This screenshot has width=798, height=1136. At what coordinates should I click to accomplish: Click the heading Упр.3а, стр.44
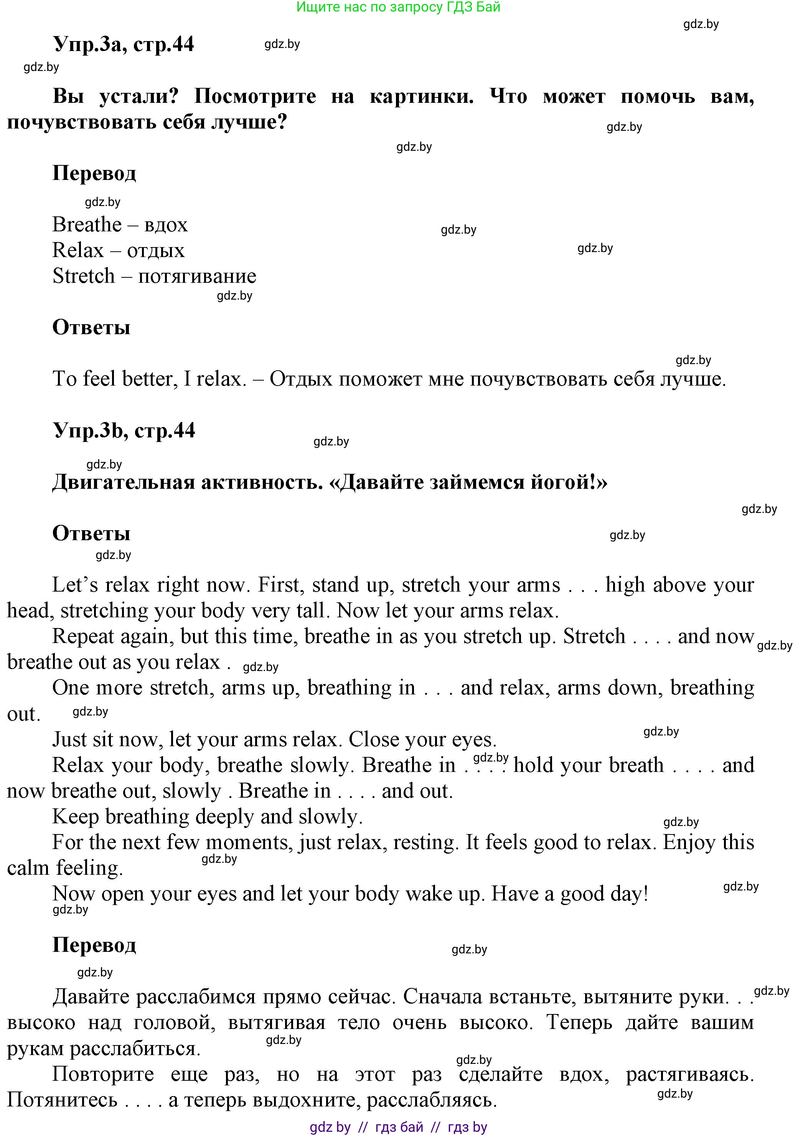(x=123, y=45)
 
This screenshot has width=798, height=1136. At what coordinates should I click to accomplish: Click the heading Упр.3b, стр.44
(x=124, y=430)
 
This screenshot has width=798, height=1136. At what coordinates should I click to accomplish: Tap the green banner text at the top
(x=398, y=7)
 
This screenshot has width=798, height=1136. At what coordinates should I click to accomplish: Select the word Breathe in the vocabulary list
(x=87, y=224)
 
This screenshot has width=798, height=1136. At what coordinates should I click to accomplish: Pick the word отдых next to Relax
(x=156, y=251)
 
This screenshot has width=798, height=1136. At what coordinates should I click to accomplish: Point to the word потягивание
(x=197, y=276)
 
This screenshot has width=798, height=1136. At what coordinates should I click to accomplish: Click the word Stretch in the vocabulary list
(x=84, y=276)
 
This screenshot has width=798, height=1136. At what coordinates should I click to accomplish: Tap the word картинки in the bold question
(x=421, y=96)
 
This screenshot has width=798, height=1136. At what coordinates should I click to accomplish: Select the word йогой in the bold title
(x=566, y=482)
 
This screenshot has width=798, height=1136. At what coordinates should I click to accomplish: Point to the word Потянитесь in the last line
(x=62, y=1100)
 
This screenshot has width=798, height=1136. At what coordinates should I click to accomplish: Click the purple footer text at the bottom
(x=398, y=1127)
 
